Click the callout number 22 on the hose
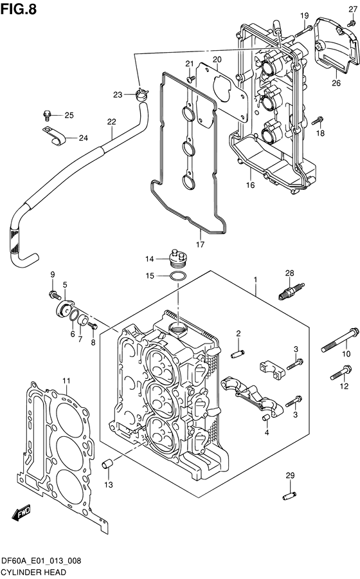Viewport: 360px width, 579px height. pos(111,122)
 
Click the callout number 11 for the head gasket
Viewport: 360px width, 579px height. pos(66,381)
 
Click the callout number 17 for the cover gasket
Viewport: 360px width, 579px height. pos(200,244)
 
